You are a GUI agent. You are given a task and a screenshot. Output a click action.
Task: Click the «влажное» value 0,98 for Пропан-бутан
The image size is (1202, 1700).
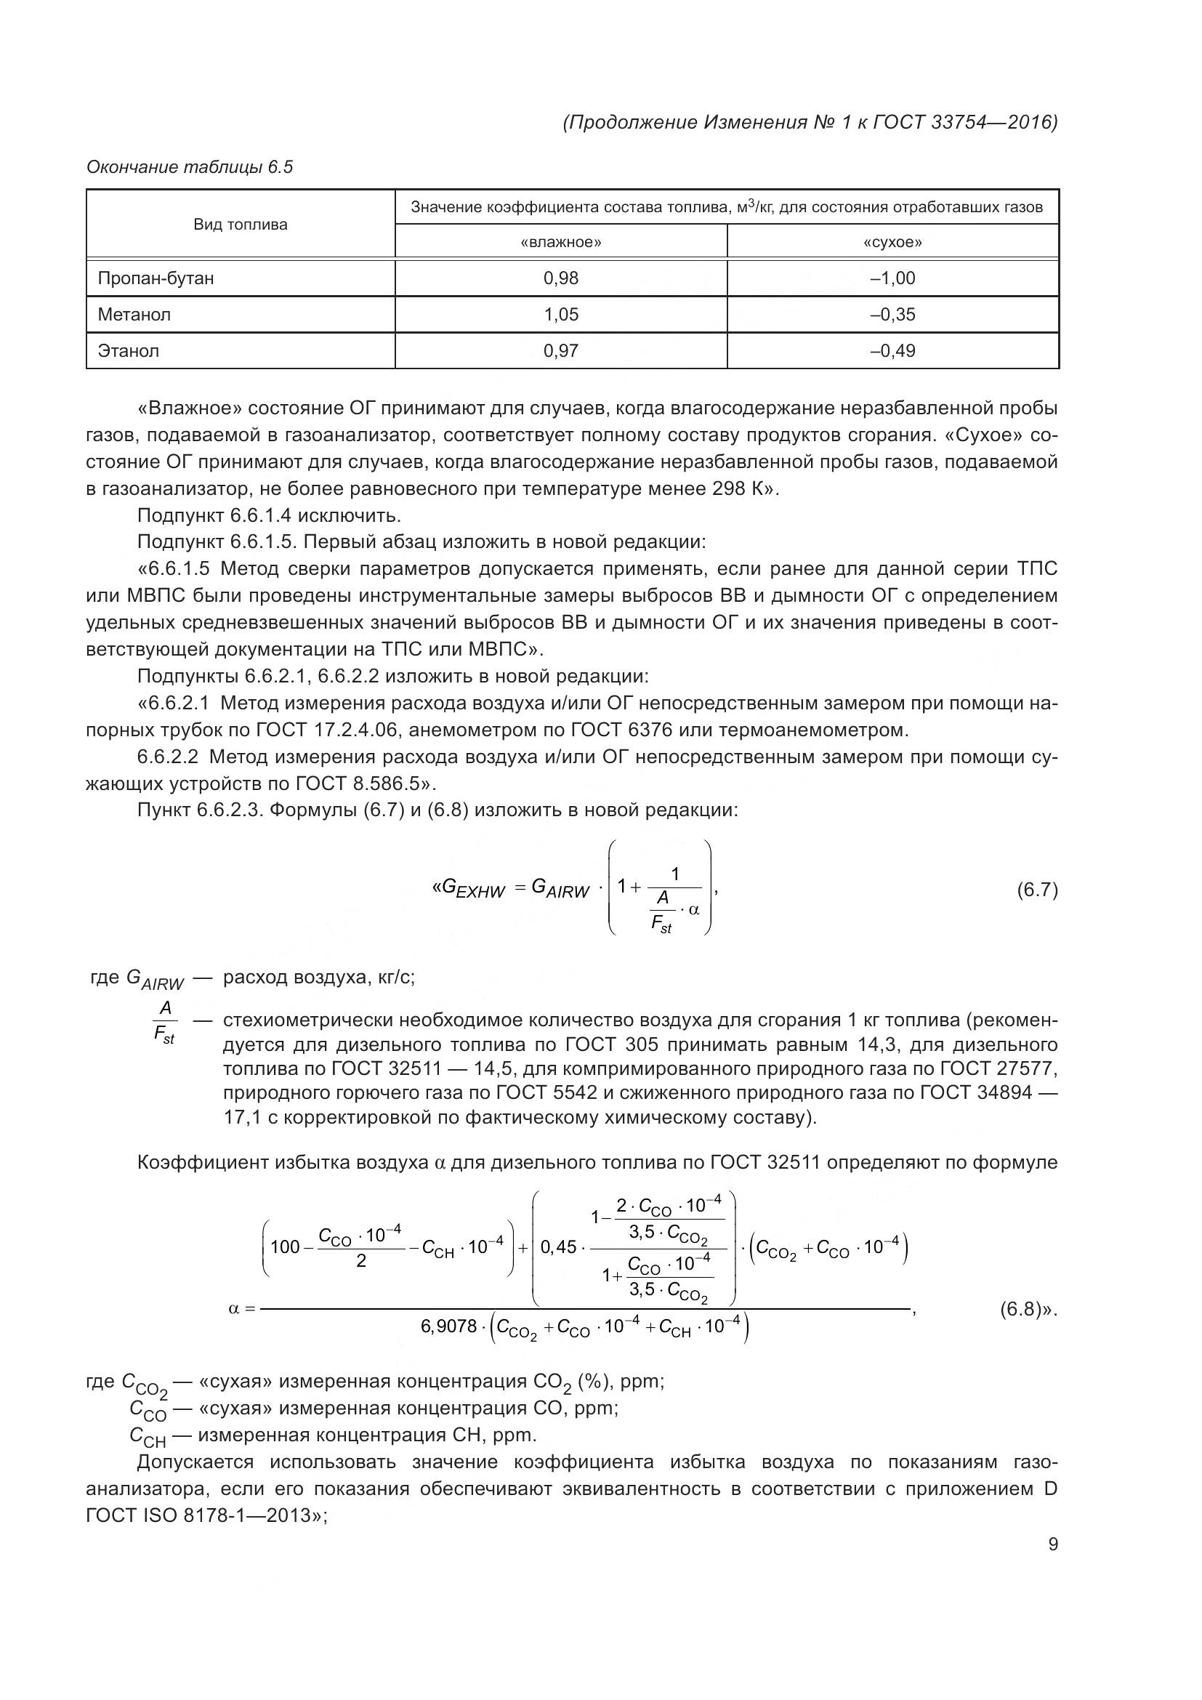tap(560, 278)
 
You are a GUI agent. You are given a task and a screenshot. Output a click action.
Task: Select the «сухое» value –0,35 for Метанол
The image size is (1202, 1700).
tap(892, 315)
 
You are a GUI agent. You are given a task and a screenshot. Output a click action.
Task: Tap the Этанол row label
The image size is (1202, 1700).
tap(129, 351)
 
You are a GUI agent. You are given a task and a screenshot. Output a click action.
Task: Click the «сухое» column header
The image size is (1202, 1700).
tap(892, 242)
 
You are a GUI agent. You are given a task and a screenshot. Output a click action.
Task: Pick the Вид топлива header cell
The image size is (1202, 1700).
tap(241, 225)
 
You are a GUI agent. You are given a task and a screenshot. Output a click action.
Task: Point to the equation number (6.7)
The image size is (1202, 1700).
tap(1037, 889)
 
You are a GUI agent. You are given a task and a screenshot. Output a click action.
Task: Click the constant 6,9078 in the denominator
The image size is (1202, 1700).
tap(448, 1326)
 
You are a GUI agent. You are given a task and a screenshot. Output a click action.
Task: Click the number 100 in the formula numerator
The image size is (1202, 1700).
tap(285, 1247)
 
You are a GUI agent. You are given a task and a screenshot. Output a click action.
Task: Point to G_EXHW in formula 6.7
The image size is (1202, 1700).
tap(472, 888)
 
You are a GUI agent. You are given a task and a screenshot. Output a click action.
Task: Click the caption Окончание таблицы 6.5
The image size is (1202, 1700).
tap(190, 167)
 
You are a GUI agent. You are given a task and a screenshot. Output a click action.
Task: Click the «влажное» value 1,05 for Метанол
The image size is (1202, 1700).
tap(560, 315)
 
